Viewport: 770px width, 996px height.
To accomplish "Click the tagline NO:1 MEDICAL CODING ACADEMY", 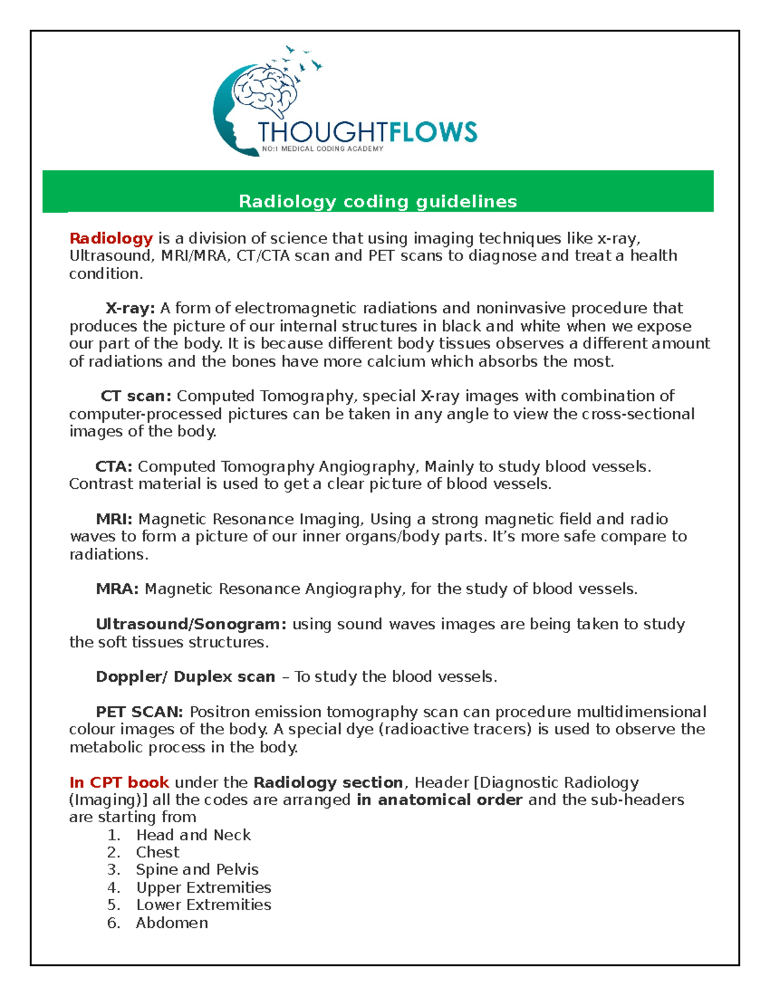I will click(x=323, y=149).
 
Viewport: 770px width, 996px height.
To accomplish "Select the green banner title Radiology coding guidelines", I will click(x=377, y=201).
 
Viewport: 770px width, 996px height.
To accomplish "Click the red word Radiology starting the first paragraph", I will click(x=111, y=239).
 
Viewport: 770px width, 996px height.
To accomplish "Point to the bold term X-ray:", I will click(x=130, y=308).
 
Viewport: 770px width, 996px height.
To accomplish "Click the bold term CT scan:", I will click(x=136, y=396).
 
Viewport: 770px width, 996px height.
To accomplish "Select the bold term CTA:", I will click(x=114, y=466).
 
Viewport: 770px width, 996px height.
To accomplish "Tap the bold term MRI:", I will click(x=114, y=519).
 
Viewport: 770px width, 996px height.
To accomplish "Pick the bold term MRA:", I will click(x=117, y=589).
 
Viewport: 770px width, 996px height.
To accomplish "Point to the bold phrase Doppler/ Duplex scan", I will click(x=185, y=677).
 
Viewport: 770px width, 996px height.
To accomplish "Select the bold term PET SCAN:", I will click(x=139, y=712).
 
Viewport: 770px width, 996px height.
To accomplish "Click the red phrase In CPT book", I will click(x=119, y=782).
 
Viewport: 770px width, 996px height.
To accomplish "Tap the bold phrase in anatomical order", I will click(x=439, y=800).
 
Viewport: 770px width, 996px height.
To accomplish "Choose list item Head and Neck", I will click(x=193, y=835).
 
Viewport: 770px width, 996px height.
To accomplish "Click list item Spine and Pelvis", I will click(x=196, y=870).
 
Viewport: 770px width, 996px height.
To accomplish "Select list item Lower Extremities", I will click(x=203, y=905).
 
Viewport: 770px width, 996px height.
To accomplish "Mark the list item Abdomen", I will click(x=171, y=923).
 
